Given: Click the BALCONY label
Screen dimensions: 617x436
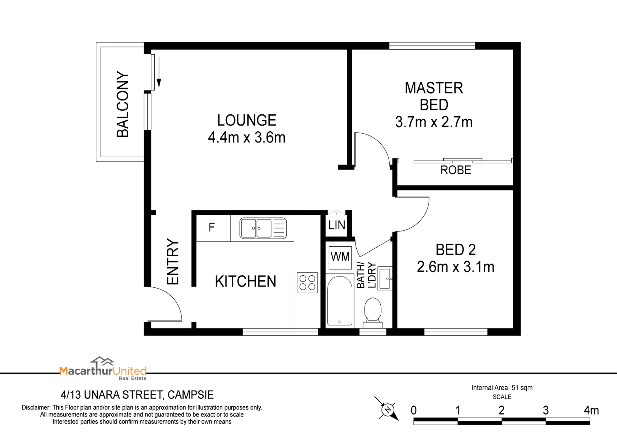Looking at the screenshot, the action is coord(122,104).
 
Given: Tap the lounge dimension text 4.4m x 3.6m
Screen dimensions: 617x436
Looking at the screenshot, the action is coord(246,138).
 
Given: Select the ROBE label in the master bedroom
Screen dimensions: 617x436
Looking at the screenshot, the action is coord(456,170).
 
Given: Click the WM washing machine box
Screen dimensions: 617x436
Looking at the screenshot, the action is coord(340,258).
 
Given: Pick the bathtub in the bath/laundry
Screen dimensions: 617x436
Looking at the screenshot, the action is coord(340,301).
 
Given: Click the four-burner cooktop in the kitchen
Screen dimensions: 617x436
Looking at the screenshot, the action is coord(307,282).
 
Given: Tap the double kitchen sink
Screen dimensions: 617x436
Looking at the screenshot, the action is coord(263,228).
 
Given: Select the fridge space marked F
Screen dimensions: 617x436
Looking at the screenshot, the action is coord(213,228).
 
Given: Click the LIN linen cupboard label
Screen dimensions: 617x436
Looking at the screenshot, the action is coord(337,225).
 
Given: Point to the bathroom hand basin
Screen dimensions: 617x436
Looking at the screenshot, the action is coord(385,279).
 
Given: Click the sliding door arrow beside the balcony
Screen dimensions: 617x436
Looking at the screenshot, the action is coord(159,72).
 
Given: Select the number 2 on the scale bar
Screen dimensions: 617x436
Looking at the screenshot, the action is coord(502,410).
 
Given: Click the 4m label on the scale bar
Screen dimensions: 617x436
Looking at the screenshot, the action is coord(591,410).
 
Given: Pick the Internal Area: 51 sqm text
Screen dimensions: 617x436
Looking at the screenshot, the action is coord(502,388).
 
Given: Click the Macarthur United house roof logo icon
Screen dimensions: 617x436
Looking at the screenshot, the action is coord(102,361).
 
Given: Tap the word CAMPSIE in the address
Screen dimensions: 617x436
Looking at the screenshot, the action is coord(190,395).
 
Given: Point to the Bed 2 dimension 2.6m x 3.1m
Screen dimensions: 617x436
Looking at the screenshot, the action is coord(456,267).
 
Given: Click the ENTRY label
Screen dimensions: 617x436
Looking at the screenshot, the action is coord(173,261).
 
